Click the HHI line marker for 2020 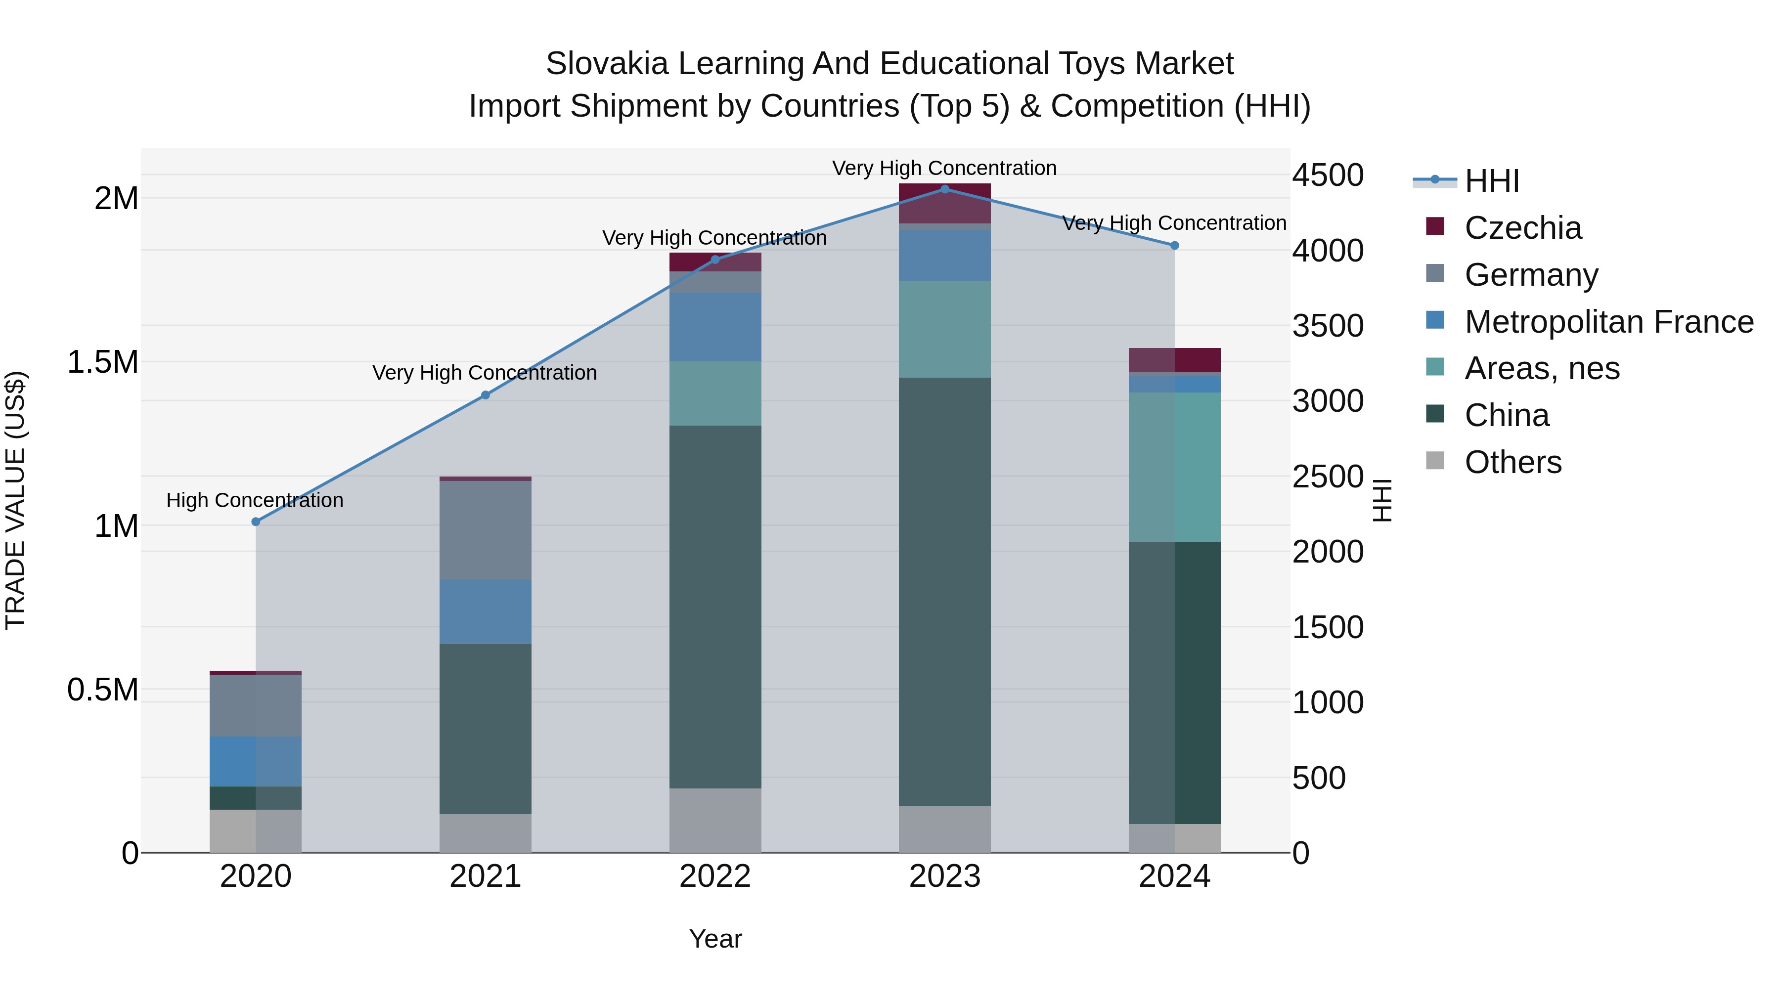(x=256, y=522)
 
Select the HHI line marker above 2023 (x=944, y=189)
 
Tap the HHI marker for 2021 (x=485, y=395)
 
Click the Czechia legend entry (x=1522, y=228)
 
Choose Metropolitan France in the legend (x=1608, y=322)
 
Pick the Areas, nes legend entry (x=1542, y=368)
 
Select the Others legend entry (x=1513, y=462)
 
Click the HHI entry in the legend (x=1491, y=181)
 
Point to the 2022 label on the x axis (x=714, y=876)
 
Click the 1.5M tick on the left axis (x=102, y=362)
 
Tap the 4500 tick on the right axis (x=1328, y=175)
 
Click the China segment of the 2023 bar (x=944, y=591)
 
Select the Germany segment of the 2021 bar (x=485, y=530)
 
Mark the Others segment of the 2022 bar (x=714, y=820)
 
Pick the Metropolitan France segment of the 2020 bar (x=256, y=761)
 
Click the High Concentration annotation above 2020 (x=255, y=500)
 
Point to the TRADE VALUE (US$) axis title (x=15, y=500)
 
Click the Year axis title (x=715, y=939)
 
